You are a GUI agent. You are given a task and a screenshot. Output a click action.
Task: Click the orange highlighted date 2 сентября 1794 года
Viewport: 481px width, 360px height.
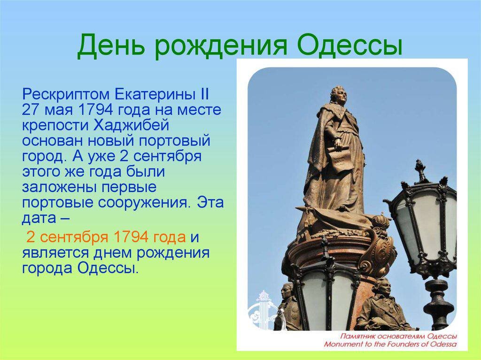coord(106,237)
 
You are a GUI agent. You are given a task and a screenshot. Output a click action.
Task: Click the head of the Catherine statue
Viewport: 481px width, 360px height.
coord(338,95)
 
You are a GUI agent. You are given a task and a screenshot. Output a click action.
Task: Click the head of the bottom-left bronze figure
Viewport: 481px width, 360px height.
coord(287,291)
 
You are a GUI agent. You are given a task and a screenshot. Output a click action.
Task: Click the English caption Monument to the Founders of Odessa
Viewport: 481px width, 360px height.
coord(390,344)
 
